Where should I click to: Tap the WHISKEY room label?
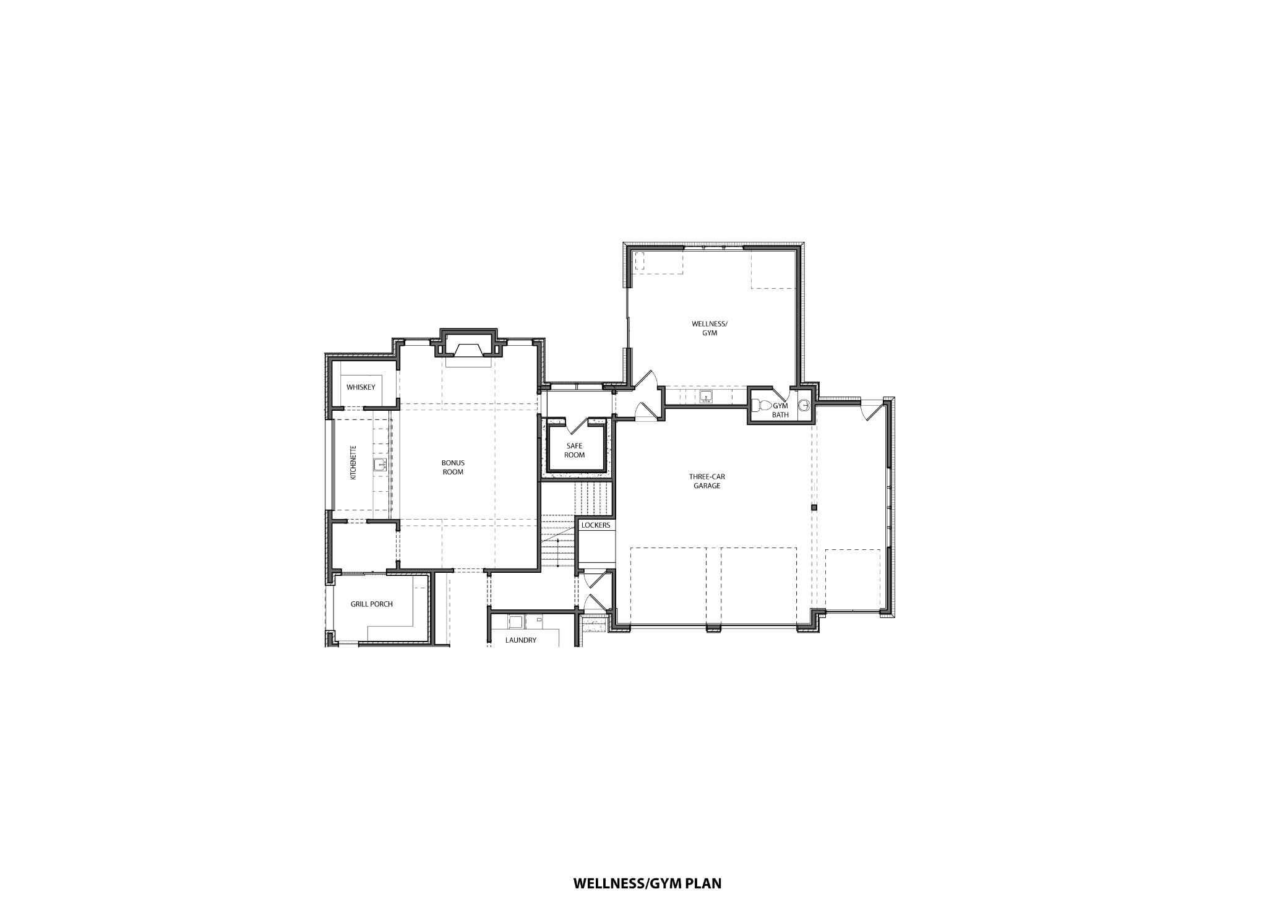361,387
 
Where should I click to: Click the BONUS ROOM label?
453,467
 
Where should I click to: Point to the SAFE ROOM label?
574,450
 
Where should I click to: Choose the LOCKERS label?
596,525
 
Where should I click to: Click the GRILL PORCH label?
371,604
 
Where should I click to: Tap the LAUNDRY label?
520,640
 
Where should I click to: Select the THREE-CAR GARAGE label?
707,481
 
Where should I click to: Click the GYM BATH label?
780,410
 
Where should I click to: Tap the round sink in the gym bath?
804,406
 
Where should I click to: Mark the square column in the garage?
814,507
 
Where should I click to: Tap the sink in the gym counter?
706,397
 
